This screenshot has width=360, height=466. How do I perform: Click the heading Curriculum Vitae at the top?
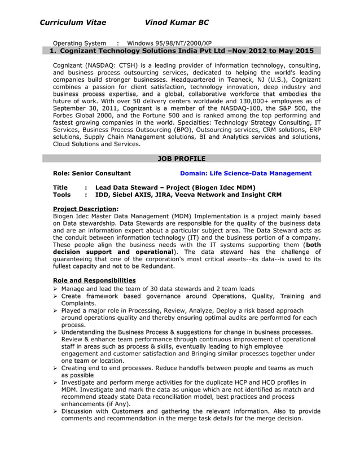pyautogui.click(x=73, y=23)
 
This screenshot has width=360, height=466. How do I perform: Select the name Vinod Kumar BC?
pyautogui.click(x=177, y=23)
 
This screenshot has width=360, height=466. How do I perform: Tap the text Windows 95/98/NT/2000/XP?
pyautogui.click(x=169, y=43)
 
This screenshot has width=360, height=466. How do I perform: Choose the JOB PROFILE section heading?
pyautogui.click(x=182, y=159)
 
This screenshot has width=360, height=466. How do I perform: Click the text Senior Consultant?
pyautogui.click(x=100, y=174)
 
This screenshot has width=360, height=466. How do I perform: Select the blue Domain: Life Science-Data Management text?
pyautogui.click(x=245, y=174)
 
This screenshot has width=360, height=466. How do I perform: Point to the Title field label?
pyautogui.click(x=60, y=188)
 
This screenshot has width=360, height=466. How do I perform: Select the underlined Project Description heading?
pyautogui.click(x=85, y=209)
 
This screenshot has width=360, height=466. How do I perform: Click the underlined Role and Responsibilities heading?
pyautogui.click(x=94, y=280)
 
